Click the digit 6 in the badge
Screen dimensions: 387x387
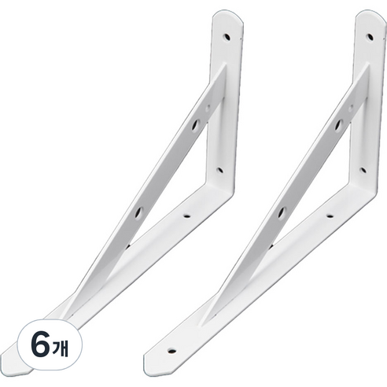tap(40, 345)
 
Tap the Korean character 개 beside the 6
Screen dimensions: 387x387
tap(61, 347)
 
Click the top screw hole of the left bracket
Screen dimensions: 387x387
tap(227, 37)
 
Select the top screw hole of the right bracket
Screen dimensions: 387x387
tap(370, 37)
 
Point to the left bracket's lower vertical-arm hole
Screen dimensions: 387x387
tap(220, 171)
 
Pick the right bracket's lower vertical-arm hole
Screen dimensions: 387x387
tap(363, 171)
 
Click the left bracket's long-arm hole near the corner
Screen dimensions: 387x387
tap(187, 216)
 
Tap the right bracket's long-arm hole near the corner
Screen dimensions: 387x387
tap(330, 216)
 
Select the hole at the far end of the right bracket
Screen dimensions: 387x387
tap(172, 351)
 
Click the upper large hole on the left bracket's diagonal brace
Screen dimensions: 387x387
tap(196, 125)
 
